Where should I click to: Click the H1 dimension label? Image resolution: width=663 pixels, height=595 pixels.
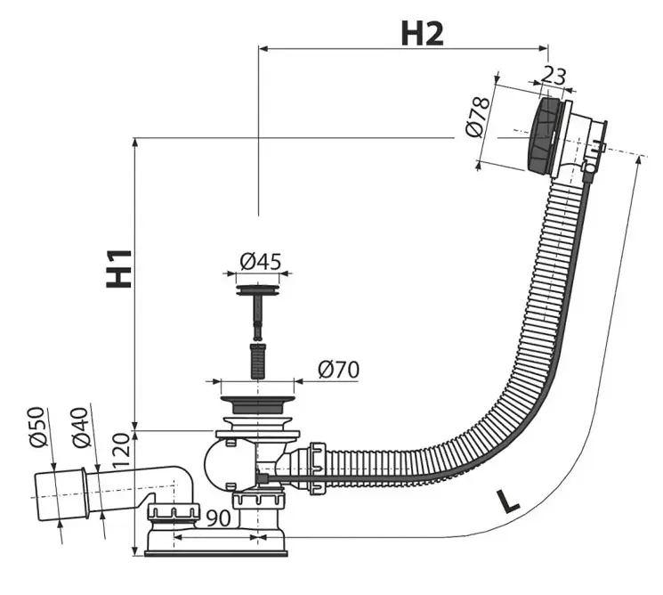coord(118,267)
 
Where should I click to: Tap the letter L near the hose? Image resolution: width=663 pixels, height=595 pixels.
coord(507,501)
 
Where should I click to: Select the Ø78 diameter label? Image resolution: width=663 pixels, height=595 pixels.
coord(479,117)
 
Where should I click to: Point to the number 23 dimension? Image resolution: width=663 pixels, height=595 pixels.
coord(553,77)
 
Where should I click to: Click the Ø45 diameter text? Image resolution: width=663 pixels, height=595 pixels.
coord(260,262)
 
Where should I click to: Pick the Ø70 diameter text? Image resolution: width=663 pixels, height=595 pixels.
coord(337,369)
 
